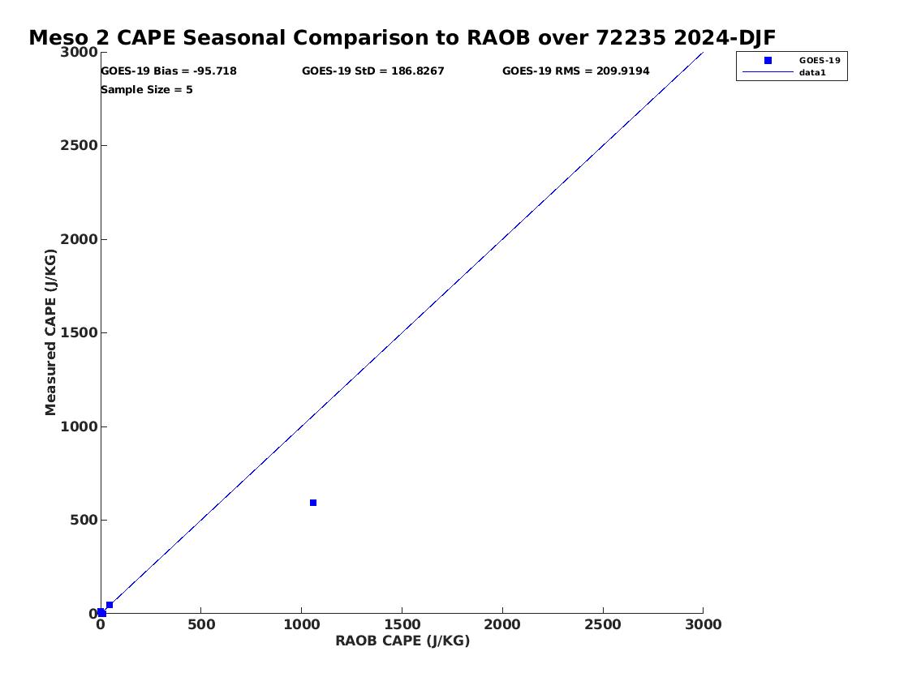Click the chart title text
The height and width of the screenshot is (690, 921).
(402, 37)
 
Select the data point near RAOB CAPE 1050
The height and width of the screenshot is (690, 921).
(313, 503)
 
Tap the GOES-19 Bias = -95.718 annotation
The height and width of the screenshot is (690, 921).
(169, 71)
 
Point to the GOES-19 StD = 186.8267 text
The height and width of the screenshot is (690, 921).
(373, 71)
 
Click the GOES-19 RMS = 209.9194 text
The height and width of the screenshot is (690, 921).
(575, 71)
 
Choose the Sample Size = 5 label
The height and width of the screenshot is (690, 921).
(147, 90)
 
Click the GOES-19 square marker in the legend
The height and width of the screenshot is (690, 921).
(768, 61)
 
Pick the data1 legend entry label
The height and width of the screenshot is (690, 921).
(812, 73)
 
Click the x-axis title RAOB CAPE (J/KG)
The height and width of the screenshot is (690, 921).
(402, 641)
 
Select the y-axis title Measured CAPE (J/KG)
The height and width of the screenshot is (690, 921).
(51, 332)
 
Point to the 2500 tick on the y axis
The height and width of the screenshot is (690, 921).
(79, 145)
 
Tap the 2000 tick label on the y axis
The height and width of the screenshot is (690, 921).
(79, 239)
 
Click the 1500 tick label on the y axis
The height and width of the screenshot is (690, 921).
(79, 332)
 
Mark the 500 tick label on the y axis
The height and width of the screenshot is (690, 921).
(84, 521)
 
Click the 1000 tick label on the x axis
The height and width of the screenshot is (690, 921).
(302, 625)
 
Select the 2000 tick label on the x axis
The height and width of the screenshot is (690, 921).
(502, 625)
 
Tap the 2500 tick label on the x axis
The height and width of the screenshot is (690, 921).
(603, 625)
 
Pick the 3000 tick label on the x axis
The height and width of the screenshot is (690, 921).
(703, 625)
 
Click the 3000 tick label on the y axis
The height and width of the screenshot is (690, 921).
(79, 52)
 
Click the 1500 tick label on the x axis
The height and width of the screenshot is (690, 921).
(402, 625)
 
